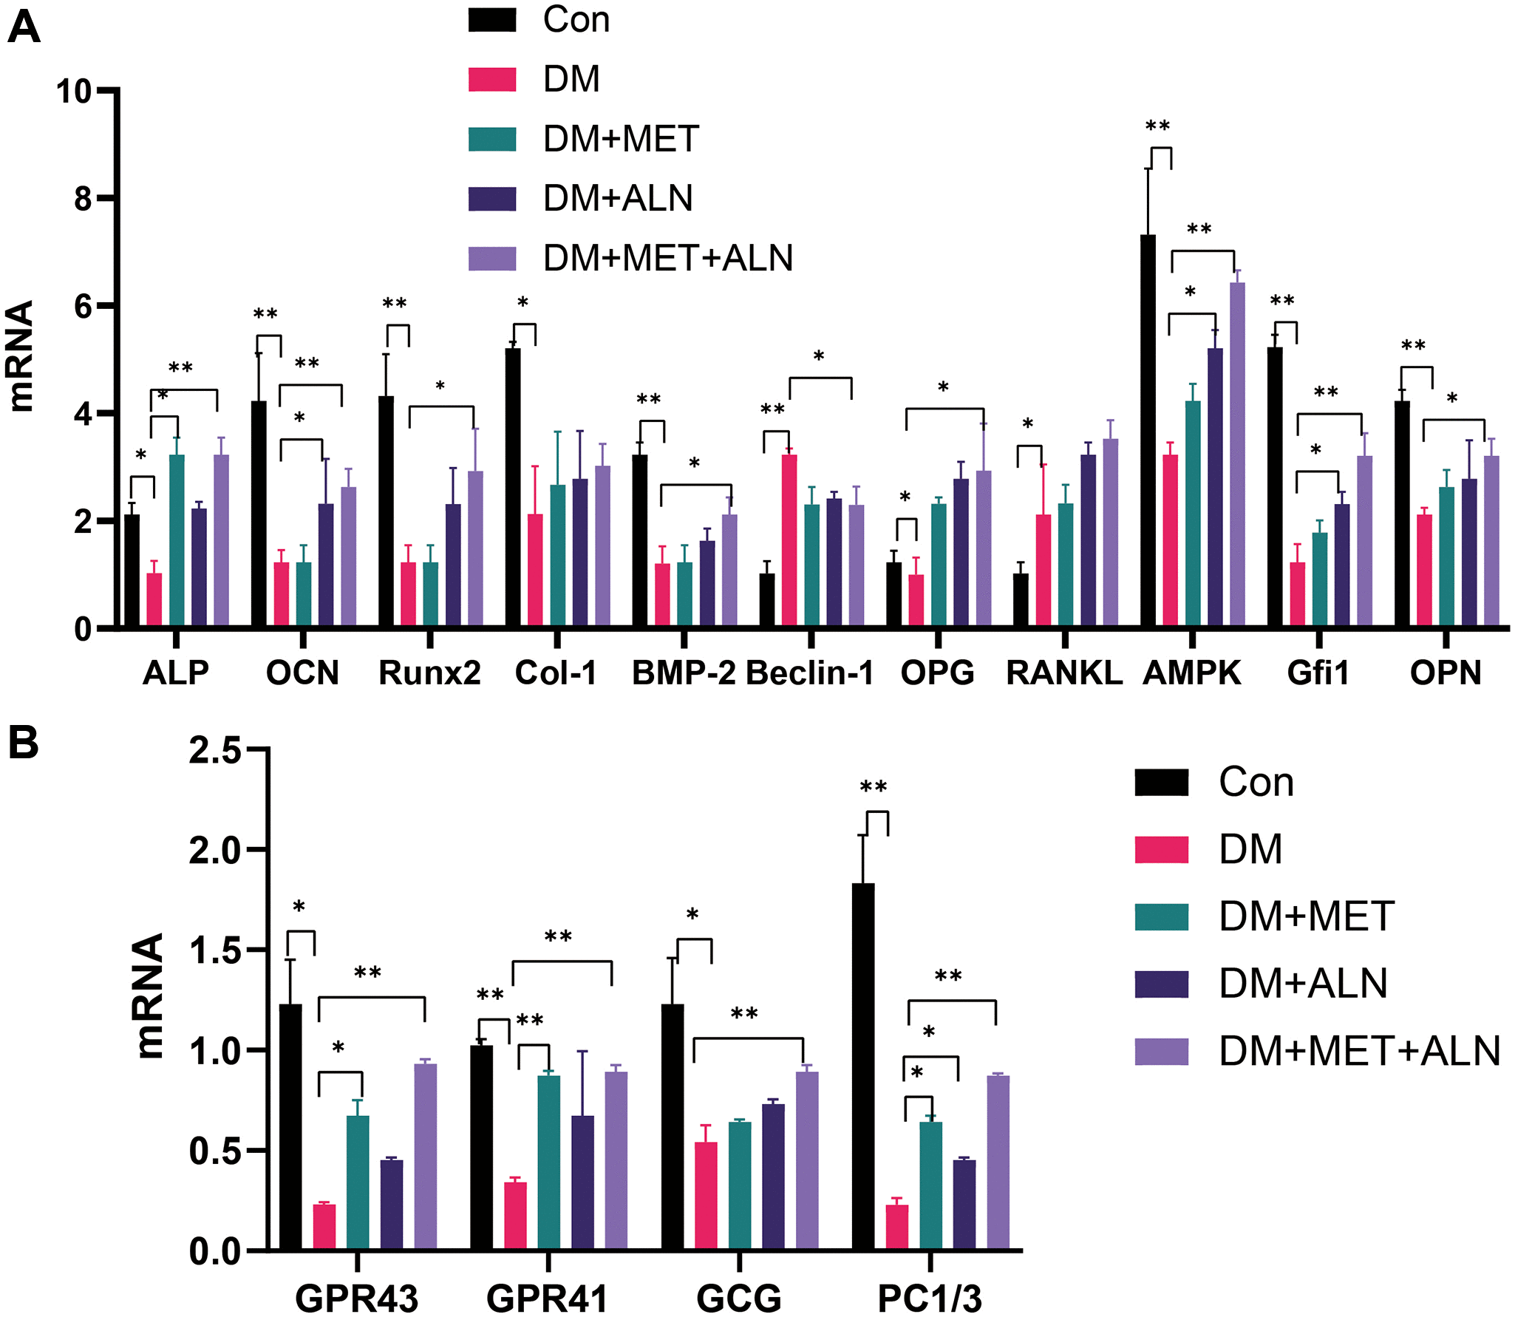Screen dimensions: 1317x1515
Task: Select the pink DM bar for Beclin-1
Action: [x=789, y=540]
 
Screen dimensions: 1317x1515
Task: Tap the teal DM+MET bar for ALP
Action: [x=177, y=540]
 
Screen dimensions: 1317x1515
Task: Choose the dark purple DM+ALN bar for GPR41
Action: [x=582, y=1182]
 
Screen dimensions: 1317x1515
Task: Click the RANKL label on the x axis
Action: [x=1064, y=673]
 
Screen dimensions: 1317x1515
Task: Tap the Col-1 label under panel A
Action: [x=556, y=673]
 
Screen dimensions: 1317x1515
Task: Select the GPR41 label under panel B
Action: [x=547, y=1298]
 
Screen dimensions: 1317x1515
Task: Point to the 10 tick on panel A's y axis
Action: [x=74, y=91]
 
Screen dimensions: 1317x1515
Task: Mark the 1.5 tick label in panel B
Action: [x=214, y=950]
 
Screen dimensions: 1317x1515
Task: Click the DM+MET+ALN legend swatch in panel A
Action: [x=492, y=258]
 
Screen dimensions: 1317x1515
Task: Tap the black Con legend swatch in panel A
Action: [x=492, y=20]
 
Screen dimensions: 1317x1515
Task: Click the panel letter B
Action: [x=23, y=742]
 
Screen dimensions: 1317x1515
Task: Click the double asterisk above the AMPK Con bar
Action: [x=1157, y=126]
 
